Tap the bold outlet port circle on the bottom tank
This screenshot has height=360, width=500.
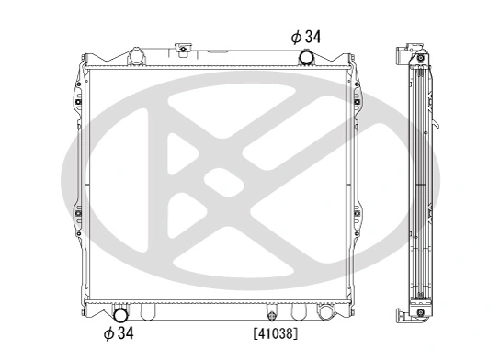pos(119,311)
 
